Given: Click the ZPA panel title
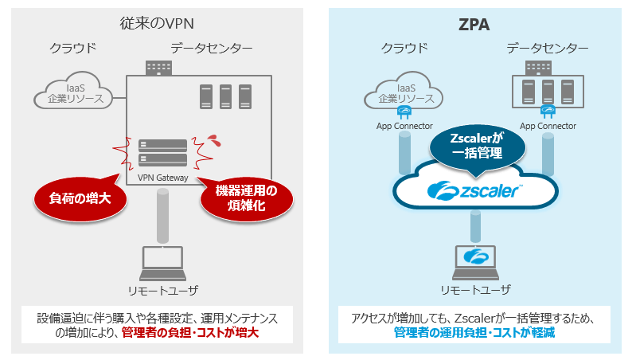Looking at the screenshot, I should pyautogui.click(x=475, y=25).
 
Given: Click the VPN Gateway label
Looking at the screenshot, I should pyautogui.click(x=162, y=178).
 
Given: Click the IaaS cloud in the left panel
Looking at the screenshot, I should pyautogui.click(x=72, y=93).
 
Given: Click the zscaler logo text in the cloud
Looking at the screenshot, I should pyautogui.click(x=475, y=190).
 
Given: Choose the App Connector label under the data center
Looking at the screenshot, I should pyautogui.click(x=548, y=126).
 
